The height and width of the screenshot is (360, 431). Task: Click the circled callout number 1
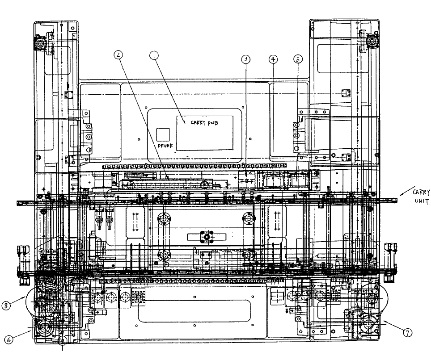coord(154,55)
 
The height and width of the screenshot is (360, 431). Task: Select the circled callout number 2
coord(118,54)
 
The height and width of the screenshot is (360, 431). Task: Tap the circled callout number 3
coord(246,59)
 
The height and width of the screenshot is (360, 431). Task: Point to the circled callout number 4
coord(273,59)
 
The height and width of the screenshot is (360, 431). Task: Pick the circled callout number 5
coord(298,59)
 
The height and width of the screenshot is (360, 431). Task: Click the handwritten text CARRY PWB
coord(204,121)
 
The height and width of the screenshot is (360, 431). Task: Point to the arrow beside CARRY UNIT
coord(406,193)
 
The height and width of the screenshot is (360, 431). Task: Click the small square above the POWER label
coord(163,134)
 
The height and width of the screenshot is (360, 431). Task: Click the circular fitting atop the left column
coord(42,44)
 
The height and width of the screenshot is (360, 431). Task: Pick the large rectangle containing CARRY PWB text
coord(205,132)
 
